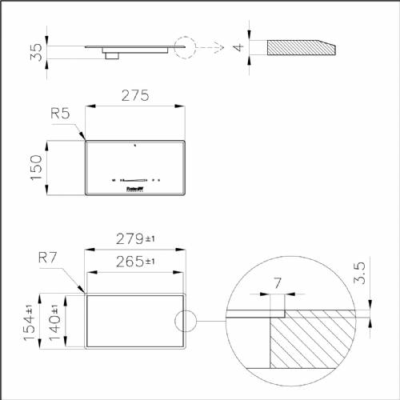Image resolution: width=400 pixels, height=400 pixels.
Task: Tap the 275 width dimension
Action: (x=136, y=96)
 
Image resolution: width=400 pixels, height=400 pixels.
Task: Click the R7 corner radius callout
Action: (x=48, y=258)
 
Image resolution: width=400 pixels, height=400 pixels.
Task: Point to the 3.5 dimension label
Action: (x=361, y=273)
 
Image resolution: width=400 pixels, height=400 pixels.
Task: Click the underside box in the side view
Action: (x=112, y=54)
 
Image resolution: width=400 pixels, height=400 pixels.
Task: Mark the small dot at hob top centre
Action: (x=135, y=146)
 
